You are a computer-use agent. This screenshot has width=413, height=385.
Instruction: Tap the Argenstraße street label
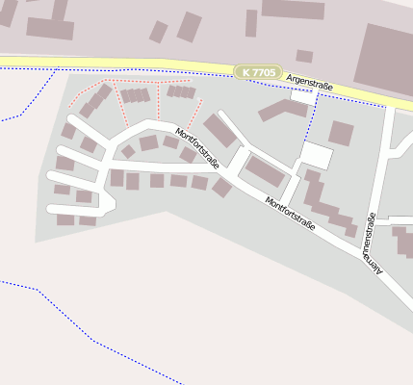tap(309, 87)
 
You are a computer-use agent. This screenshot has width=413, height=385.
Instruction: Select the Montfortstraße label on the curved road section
tap(197, 148)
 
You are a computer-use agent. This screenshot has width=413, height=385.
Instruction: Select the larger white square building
tap(316, 156)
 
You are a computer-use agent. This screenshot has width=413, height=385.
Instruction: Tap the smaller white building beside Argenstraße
tap(303, 97)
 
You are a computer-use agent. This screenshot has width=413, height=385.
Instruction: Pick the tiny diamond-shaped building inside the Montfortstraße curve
tap(128, 151)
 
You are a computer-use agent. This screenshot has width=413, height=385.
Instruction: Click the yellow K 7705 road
tap(116, 63)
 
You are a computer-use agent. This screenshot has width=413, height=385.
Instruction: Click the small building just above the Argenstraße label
tap(304, 56)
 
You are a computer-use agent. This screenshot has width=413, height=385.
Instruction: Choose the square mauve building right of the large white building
tap(342, 133)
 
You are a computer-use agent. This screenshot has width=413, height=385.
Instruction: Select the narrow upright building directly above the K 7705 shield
tap(251, 23)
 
